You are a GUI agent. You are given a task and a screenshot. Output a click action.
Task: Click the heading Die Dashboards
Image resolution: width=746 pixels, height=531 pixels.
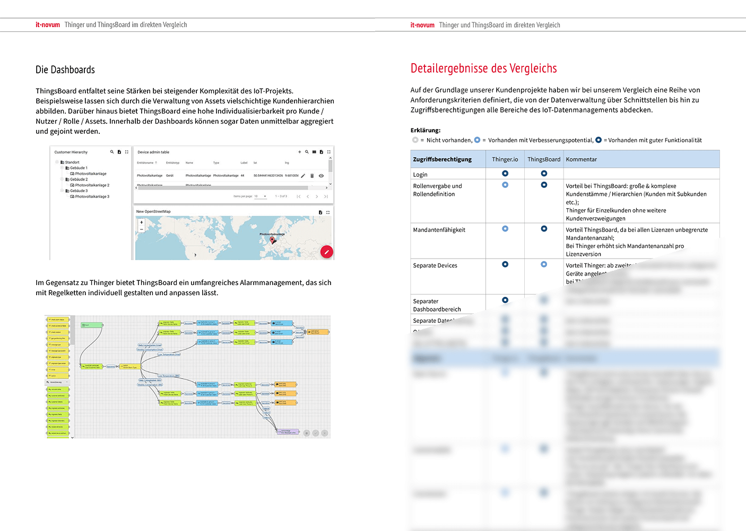(65, 70)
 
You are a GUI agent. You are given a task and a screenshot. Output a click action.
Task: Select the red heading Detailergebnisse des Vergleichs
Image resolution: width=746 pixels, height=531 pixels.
(483, 68)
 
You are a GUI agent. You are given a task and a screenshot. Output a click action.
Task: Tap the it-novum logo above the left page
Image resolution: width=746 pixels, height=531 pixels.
(48, 25)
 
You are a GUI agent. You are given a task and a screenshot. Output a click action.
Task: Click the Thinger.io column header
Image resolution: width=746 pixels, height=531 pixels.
(505, 159)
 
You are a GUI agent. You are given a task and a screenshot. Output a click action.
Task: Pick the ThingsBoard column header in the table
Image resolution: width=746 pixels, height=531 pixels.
(544, 159)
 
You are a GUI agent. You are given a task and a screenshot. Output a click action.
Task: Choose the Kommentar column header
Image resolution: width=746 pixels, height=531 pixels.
(581, 159)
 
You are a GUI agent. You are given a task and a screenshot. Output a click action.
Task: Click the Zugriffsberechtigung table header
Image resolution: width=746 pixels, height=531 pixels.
(442, 159)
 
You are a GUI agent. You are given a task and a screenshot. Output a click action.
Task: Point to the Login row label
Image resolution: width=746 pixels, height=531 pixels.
(420, 175)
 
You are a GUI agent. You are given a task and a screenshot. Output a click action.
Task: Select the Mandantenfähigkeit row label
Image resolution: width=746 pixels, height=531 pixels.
(439, 230)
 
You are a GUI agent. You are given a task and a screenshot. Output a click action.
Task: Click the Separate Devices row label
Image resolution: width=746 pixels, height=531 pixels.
(435, 265)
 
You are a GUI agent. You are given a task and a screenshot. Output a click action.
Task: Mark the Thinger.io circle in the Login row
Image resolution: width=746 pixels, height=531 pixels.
(505, 174)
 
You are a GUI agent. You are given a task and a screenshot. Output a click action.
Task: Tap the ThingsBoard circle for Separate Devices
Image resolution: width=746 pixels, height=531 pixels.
(544, 264)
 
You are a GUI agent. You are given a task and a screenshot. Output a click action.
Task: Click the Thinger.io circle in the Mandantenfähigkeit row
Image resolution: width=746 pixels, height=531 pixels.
(505, 229)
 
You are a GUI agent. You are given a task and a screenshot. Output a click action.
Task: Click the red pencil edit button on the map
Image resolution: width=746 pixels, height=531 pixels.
(327, 252)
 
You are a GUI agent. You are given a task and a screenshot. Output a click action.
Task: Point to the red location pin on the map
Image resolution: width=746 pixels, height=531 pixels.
(273, 240)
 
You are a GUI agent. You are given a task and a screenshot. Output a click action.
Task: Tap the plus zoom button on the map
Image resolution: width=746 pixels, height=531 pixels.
(142, 222)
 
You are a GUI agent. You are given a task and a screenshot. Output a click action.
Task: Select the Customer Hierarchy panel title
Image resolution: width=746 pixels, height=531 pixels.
(71, 152)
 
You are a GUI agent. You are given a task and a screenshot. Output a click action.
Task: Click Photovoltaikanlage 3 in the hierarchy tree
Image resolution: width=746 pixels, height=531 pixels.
(92, 196)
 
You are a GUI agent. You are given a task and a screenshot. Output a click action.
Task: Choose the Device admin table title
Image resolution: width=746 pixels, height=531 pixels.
(153, 152)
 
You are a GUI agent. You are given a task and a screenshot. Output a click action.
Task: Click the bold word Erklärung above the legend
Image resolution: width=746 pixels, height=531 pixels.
(425, 130)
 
